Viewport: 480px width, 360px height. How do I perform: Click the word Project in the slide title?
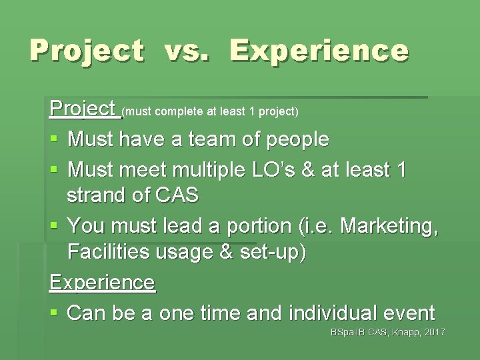tap(86, 51)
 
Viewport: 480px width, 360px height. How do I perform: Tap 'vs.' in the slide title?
tap(187, 51)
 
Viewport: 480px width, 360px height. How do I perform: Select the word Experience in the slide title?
tap(319, 51)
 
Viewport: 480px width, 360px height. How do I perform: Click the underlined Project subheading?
tap(83, 109)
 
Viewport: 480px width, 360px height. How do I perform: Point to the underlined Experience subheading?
tap(102, 282)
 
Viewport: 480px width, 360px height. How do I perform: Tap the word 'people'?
tap(298, 140)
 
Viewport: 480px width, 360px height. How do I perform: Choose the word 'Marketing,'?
tap(389, 225)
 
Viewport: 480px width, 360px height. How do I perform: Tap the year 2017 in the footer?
tap(434, 333)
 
